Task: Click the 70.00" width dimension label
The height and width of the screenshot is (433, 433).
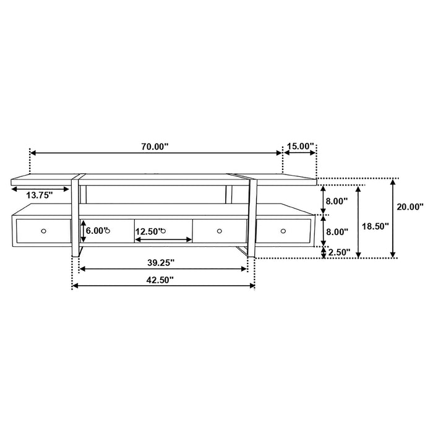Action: click(155, 146)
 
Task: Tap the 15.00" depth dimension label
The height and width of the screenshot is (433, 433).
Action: click(300, 146)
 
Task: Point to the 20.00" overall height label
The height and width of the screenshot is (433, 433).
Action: click(410, 207)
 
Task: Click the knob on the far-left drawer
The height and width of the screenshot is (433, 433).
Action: click(43, 231)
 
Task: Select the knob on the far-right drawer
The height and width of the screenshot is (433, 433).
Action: click(283, 231)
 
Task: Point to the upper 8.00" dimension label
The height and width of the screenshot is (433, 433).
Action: click(337, 200)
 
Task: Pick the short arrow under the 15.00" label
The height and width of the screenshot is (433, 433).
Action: click(300, 153)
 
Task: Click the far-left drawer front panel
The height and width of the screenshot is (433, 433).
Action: click(43, 231)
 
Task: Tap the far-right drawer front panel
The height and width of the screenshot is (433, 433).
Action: click(283, 231)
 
